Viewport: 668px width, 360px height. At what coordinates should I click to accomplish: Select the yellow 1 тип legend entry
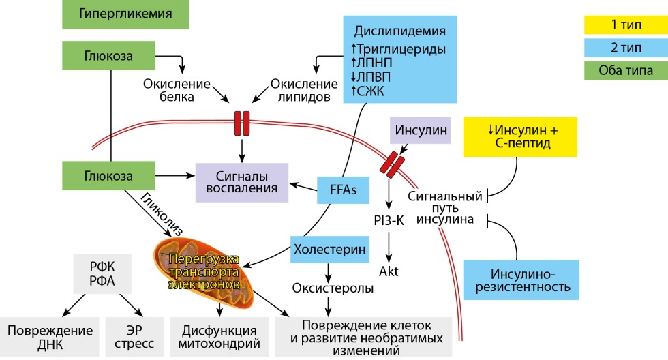pyautogui.click(x=624, y=25)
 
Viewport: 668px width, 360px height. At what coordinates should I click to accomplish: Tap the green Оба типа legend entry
pyautogui.click(x=624, y=70)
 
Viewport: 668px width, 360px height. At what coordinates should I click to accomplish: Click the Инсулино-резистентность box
pyautogui.click(x=521, y=280)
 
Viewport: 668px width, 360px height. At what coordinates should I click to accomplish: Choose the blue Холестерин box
pyautogui.click(x=331, y=249)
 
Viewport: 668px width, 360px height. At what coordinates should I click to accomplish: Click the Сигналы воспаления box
pyautogui.click(x=243, y=181)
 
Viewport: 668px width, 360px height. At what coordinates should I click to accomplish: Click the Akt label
pyautogui.click(x=389, y=271)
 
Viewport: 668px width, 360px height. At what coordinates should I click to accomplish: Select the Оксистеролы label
pyautogui.click(x=333, y=288)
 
